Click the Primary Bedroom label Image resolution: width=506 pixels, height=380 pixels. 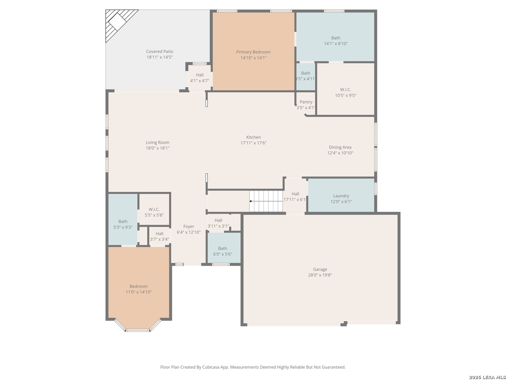pyautogui.click(x=253, y=52)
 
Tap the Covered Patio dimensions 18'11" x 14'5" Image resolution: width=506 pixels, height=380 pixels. pyautogui.click(x=160, y=57)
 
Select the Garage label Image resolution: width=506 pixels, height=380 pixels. pyautogui.click(x=320, y=269)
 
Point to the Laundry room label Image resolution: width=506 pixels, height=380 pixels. pyautogui.click(x=341, y=196)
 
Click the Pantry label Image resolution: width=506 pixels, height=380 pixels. pyautogui.click(x=306, y=102)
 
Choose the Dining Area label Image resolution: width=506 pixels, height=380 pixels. pyautogui.click(x=340, y=147)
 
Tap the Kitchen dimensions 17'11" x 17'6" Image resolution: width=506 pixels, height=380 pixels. pyautogui.click(x=253, y=143)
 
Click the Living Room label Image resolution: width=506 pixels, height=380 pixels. pyautogui.click(x=157, y=142)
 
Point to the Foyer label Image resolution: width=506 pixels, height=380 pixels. pyautogui.click(x=189, y=226)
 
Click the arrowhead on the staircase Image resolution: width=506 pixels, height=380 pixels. pyautogui.click(x=250, y=201)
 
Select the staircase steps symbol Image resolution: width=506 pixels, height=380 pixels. pyautogui.click(x=266, y=201)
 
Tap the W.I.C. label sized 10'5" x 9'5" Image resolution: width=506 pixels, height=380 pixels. pyautogui.click(x=345, y=89)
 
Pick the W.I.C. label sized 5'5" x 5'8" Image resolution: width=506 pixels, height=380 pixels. pyautogui.click(x=154, y=209)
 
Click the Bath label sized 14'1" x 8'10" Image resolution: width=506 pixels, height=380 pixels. pyautogui.click(x=336, y=38)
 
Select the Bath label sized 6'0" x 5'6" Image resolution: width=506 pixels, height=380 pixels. pyautogui.click(x=222, y=248)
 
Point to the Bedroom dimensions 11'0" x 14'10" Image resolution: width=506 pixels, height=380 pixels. pyautogui.click(x=138, y=292)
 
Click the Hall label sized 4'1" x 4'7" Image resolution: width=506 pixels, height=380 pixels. pyautogui.click(x=200, y=75)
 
